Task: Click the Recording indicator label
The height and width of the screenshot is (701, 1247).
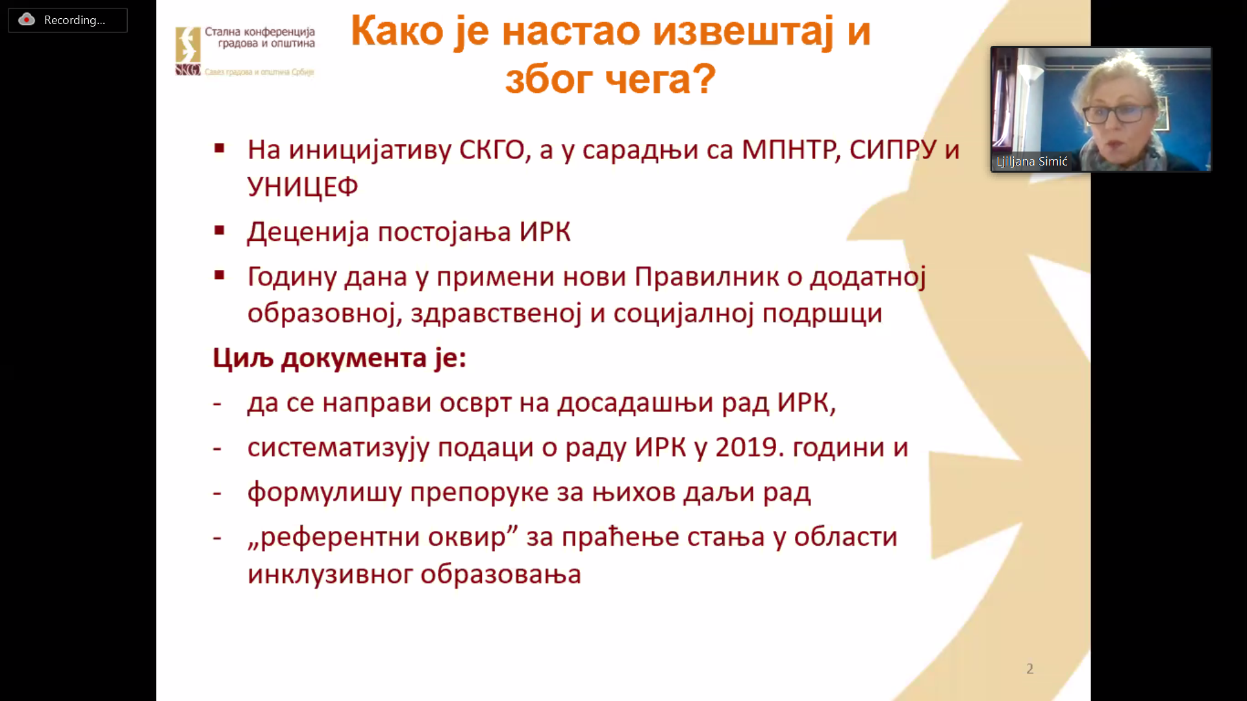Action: tap(75, 20)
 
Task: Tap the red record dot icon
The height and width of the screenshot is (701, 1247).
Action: tap(27, 19)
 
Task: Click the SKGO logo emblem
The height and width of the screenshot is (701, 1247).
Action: tap(188, 51)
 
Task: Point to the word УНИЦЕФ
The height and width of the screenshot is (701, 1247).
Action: tap(303, 187)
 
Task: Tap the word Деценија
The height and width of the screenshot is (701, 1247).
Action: tap(309, 232)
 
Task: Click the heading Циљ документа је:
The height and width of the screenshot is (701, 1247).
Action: tap(340, 358)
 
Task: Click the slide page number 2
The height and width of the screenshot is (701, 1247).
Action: tap(1029, 669)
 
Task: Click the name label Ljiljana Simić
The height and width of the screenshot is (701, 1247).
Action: tap(1032, 162)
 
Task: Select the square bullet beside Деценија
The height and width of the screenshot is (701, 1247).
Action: tap(220, 230)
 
